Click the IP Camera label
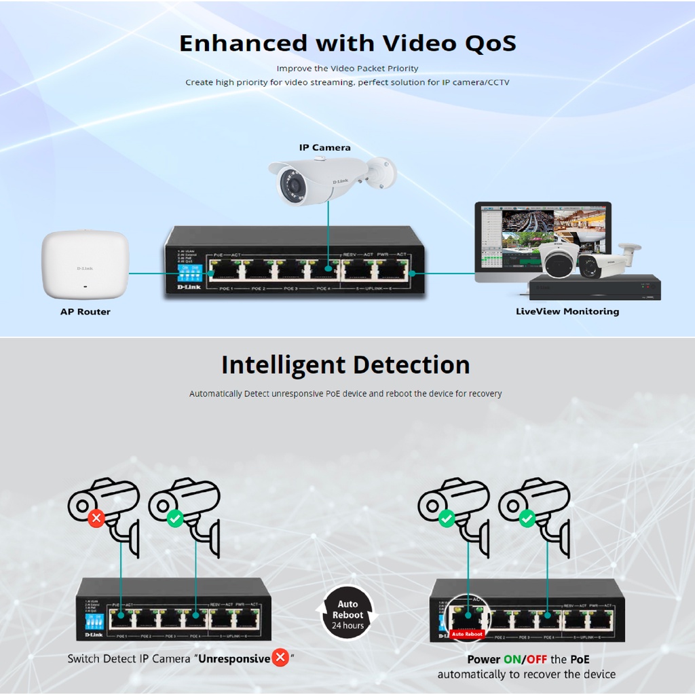[x=325, y=147]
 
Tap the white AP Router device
[x=85, y=265]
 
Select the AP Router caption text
[x=85, y=312]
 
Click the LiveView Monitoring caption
[x=567, y=312]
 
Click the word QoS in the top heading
[x=490, y=43]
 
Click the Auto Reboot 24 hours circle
[x=347, y=614]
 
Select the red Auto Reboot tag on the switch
[x=466, y=634]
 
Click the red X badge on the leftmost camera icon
[x=96, y=519]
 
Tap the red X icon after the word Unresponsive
[x=280, y=658]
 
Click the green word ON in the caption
[x=512, y=660]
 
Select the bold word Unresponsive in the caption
[x=234, y=658]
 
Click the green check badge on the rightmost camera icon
[x=527, y=519]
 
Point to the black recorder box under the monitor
[x=595, y=287]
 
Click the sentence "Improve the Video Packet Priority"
[x=347, y=69]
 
